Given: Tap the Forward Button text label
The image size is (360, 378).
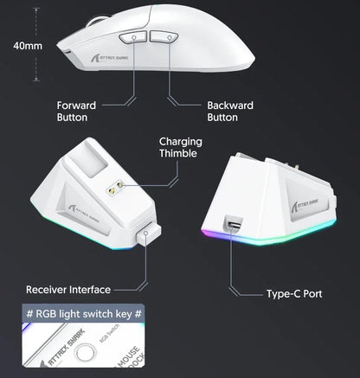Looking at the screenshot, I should (x=77, y=110).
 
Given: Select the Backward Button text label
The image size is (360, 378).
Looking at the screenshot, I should (x=228, y=110).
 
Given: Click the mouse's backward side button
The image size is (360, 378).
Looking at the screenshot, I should (x=164, y=37).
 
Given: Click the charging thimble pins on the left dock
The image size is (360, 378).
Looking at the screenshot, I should (x=112, y=187).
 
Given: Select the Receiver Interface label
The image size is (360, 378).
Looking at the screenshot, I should (x=67, y=288).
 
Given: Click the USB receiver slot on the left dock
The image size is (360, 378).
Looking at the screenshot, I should (x=146, y=234).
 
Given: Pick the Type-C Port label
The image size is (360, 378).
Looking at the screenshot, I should (x=293, y=294).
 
